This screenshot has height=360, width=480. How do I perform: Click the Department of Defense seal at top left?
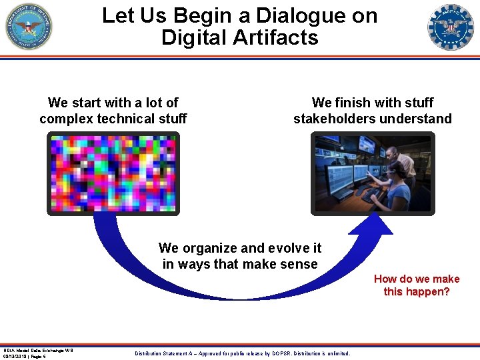(x=29, y=27)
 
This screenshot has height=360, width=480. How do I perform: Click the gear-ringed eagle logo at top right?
(x=450, y=27)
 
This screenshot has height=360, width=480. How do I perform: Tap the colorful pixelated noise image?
(x=113, y=173)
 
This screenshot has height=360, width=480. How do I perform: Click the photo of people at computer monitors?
(x=373, y=173)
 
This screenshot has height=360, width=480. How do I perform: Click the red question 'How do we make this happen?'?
(x=417, y=286)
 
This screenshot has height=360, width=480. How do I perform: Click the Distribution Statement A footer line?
(x=242, y=353)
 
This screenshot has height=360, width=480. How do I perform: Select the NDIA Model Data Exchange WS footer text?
(x=38, y=350)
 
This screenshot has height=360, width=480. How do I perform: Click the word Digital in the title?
(x=193, y=37)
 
